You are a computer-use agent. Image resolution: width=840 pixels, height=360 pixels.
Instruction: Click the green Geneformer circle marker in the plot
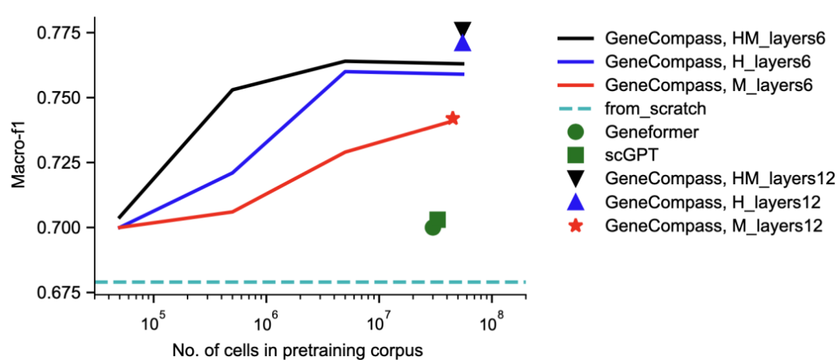[433, 227]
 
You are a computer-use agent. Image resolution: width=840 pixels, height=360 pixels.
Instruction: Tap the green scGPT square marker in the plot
[438, 220]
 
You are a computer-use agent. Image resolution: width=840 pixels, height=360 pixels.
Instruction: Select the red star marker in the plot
[453, 118]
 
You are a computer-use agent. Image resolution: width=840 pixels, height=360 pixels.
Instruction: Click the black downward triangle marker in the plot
[462, 29]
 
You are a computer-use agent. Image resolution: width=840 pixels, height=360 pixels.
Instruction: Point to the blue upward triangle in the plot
[462, 43]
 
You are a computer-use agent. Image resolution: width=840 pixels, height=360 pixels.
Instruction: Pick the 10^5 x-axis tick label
[153, 320]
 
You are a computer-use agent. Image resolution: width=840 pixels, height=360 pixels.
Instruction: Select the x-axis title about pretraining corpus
[298, 350]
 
